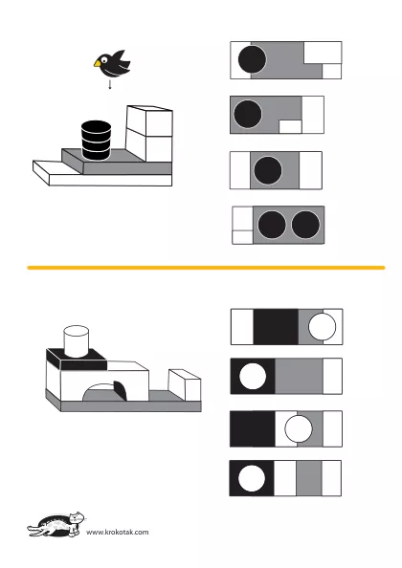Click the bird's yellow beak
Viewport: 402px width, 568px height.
[97, 64]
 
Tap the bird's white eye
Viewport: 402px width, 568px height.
[104, 60]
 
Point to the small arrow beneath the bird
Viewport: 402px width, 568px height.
[110, 84]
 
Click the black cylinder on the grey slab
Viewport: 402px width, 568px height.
[96, 141]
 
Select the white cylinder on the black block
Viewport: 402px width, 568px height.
[77, 341]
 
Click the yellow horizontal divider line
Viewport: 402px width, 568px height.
[206, 268]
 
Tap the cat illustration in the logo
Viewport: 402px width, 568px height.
[56, 524]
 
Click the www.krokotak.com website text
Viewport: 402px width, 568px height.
[118, 532]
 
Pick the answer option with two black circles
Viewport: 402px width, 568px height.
[278, 225]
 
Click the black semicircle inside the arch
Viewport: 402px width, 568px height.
[121, 390]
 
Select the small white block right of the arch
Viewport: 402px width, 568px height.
[185, 384]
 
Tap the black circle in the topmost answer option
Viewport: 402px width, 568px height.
[252, 59]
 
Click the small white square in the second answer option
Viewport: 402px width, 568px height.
[290, 127]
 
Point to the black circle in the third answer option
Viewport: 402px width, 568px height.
[268, 170]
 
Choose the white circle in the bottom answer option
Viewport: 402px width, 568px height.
[252, 478]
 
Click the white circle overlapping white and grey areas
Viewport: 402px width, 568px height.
[299, 429]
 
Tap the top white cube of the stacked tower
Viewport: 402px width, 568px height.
[149, 121]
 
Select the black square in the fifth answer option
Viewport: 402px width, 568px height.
[276, 327]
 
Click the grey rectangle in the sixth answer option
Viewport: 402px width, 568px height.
[299, 376]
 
